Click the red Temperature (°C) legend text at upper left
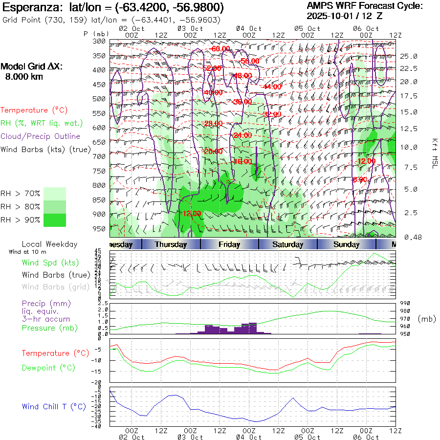point(34,110)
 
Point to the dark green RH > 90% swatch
point(54,220)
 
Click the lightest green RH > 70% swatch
point(54,194)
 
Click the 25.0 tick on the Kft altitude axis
point(409,56)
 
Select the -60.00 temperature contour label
point(220,49)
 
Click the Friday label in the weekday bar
point(229,244)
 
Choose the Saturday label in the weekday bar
point(288,244)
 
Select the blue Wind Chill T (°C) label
point(54,407)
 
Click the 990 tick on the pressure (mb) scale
point(404,304)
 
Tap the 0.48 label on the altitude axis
point(409,238)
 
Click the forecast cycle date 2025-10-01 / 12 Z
point(345,16)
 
